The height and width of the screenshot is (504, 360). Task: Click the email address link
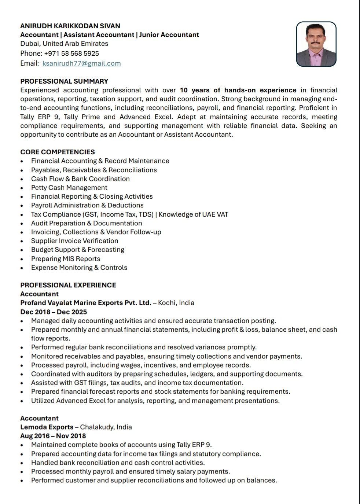[81, 63]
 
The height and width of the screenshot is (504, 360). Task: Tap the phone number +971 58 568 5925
[71, 54]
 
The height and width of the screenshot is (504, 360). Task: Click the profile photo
[316, 44]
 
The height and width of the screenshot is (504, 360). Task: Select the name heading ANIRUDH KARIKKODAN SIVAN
[70, 26]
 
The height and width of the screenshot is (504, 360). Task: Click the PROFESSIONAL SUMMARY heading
[64, 81]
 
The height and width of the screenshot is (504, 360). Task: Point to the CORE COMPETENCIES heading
[58, 152]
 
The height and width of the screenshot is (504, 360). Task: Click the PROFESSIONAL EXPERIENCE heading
[68, 285]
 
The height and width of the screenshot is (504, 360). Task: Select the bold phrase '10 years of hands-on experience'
[238, 90]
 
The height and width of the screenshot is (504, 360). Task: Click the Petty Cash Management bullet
[69, 188]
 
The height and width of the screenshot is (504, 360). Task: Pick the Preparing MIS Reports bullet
[66, 259]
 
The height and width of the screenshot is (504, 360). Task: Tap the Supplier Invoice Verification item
[74, 241]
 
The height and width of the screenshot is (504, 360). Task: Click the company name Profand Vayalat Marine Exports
[86, 303]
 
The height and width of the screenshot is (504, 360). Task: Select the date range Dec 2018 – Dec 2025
[54, 312]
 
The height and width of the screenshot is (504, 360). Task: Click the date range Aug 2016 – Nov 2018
[53, 436]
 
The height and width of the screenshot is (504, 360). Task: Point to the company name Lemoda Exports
[47, 427]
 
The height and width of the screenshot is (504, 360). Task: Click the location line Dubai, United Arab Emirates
[64, 44]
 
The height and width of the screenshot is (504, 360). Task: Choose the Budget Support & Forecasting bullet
[78, 250]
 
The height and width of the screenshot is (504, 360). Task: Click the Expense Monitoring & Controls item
[79, 268]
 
